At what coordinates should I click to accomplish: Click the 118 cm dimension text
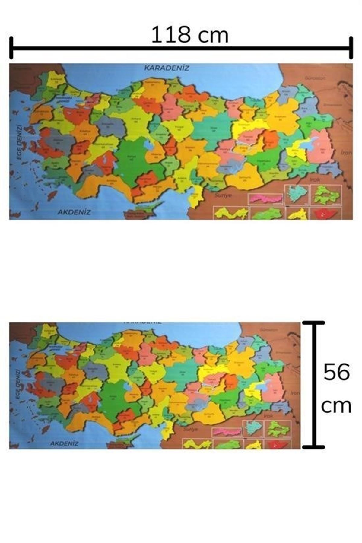tap(189, 35)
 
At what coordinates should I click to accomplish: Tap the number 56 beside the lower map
tap(337, 372)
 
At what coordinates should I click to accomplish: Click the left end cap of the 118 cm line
tap(11, 48)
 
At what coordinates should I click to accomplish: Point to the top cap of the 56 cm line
tap(314, 323)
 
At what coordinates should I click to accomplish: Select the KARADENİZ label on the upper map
tap(167, 68)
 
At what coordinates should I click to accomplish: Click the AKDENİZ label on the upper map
tap(74, 212)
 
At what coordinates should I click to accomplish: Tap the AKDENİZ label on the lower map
tap(64, 443)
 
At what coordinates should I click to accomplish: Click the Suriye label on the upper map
tap(223, 195)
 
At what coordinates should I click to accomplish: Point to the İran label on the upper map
tap(346, 153)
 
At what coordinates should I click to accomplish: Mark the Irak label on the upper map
tap(314, 179)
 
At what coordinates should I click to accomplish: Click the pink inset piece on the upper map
tap(265, 198)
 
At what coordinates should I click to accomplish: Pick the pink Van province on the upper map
tap(322, 148)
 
